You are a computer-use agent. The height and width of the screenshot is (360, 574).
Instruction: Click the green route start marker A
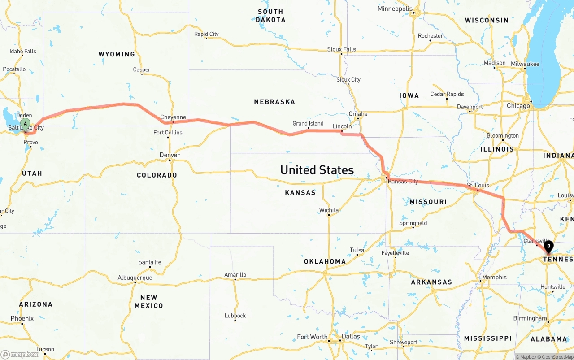(26, 123)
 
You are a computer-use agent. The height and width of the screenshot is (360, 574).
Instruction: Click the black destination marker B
(548, 246)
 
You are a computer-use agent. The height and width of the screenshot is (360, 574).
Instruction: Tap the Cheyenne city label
(173, 117)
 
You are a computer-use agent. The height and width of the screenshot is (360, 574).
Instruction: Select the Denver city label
(170, 155)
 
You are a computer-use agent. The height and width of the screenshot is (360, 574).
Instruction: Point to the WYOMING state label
(117, 54)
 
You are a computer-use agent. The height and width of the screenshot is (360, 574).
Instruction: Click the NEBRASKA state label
(274, 102)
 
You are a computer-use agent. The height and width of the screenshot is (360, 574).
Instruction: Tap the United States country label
(317, 170)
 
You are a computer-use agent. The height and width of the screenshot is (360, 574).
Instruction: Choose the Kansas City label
(403, 182)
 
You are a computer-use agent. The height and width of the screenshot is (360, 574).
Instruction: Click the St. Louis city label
(478, 185)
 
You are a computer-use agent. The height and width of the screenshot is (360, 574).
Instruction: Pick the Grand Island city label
(308, 124)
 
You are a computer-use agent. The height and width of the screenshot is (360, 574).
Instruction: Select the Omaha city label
(358, 114)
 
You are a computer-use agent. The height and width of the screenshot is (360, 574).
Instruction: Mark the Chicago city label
(518, 106)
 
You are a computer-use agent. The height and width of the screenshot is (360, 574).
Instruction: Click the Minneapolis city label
(395, 9)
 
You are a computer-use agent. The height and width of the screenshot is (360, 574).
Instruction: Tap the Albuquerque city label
(135, 278)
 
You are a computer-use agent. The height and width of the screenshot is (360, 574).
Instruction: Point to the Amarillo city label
(235, 275)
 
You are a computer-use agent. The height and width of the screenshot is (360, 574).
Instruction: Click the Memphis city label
(494, 278)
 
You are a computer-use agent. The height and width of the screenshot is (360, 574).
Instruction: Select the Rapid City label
(206, 34)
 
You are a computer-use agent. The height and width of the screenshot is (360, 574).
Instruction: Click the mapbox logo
(20, 354)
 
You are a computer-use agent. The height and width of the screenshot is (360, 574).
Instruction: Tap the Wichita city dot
(329, 215)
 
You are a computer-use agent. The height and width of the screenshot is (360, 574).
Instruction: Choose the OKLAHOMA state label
(325, 261)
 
